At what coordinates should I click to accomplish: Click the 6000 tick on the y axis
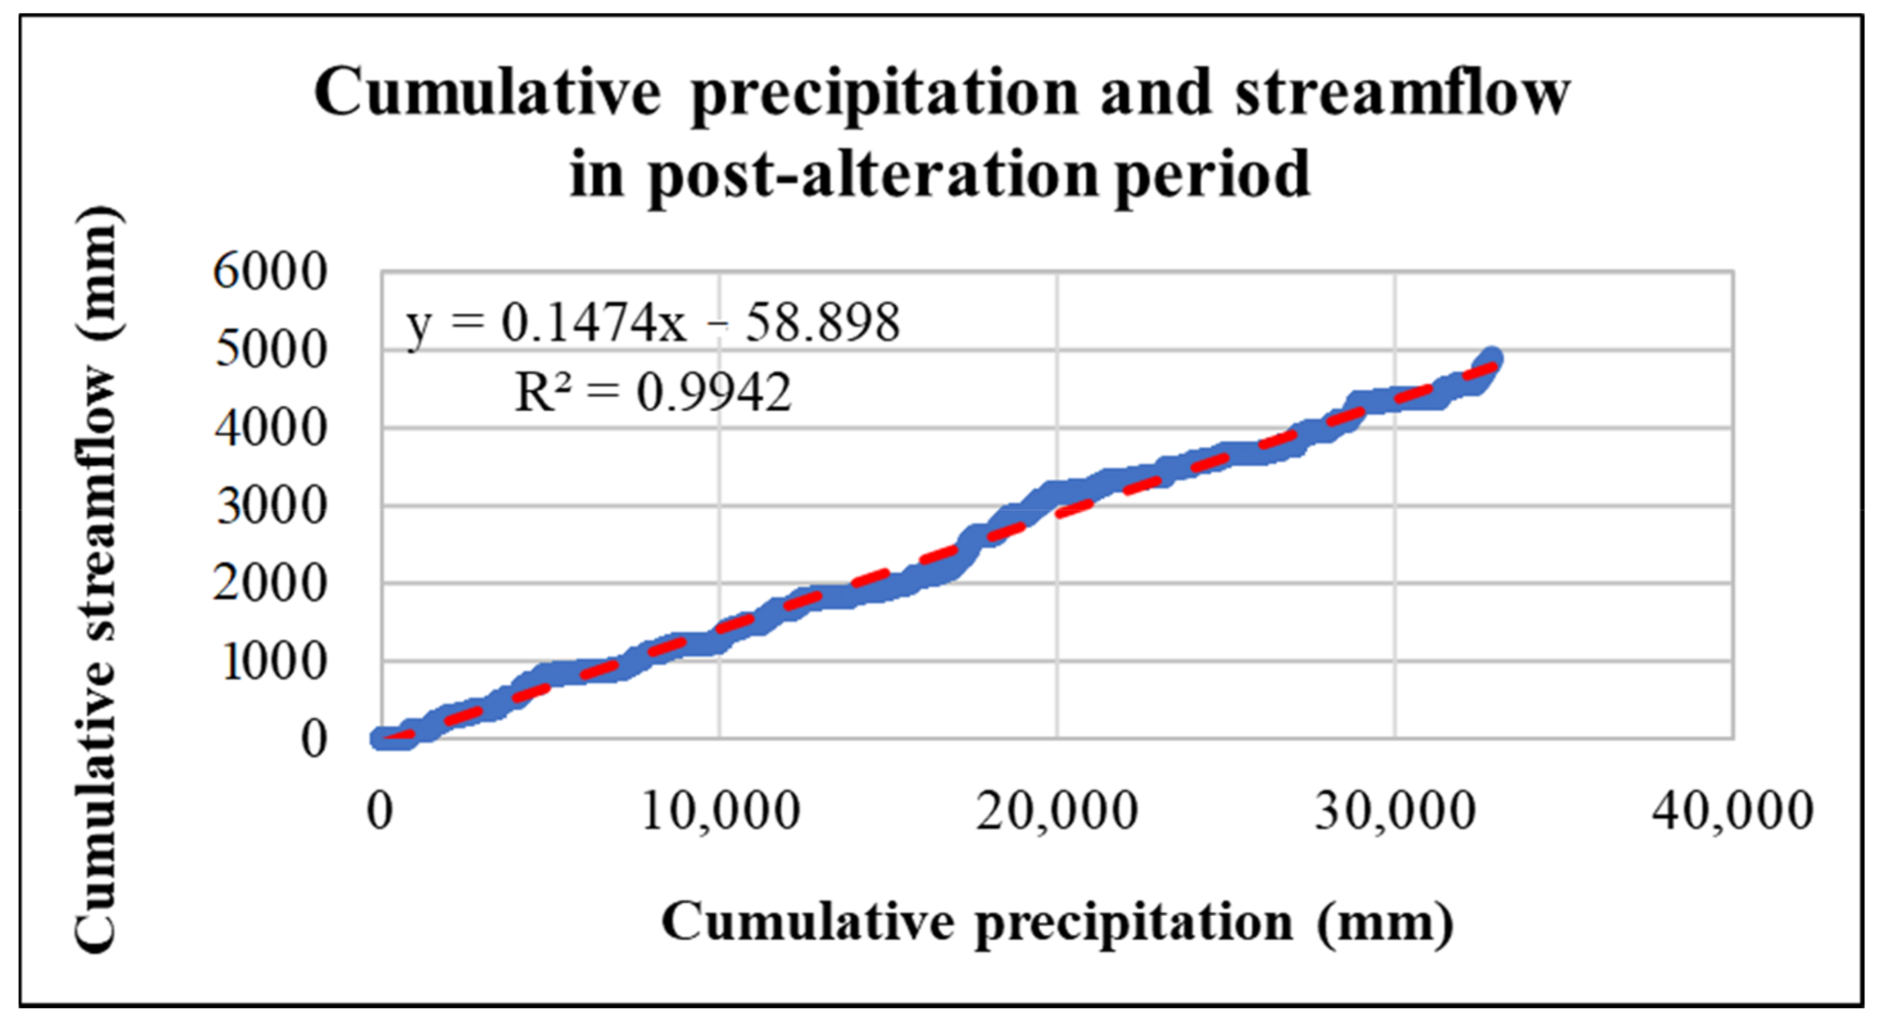click(269, 272)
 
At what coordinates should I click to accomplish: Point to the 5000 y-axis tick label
click(269, 350)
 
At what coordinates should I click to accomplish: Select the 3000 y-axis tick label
click(269, 506)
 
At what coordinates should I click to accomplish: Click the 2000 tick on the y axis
click(269, 584)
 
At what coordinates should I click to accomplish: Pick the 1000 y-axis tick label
click(273, 662)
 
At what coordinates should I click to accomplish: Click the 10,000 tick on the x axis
click(720, 811)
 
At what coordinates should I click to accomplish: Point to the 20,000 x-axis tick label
click(1057, 811)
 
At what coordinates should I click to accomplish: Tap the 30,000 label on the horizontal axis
click(1394, 811)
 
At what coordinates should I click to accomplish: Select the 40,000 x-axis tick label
click(1732, 811)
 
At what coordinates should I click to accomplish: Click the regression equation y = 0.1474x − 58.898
click(652, 324)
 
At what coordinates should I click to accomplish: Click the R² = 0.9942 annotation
click(652, 393)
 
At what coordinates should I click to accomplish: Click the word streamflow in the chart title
click(1402, 94)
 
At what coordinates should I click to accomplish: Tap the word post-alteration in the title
click(873, 176)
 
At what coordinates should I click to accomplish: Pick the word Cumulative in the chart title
click(487, 94)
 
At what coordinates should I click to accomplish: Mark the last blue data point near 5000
click(1489, 358)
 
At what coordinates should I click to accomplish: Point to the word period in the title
click(1212, 176)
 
